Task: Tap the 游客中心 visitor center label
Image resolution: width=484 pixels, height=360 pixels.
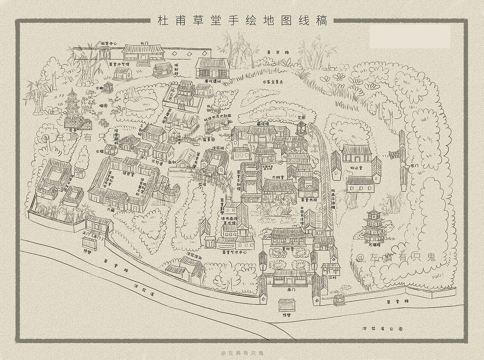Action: [109, 43]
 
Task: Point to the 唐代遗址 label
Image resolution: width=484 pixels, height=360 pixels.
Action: [212, 81]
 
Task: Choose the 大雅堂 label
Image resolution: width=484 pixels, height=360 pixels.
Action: [278, 177]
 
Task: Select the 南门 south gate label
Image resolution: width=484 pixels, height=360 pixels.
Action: [291, 290]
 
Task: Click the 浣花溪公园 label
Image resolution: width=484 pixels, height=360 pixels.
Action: [382, 329]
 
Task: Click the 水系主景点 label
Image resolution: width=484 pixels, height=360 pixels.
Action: [273, 81]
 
